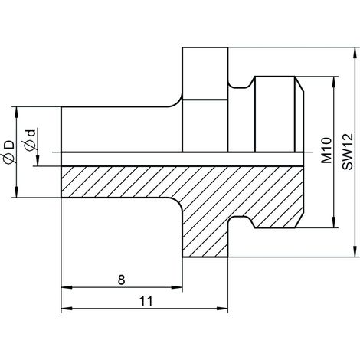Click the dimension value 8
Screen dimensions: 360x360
pos(122,280)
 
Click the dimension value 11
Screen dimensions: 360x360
pos(146,301)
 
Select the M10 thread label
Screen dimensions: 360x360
pos(326,150)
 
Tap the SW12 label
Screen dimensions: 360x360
pos(348,152)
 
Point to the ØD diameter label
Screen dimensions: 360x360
pos(9,152)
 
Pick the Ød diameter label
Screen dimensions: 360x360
pos(29,140)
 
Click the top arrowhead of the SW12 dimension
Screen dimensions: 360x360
pos(355,53)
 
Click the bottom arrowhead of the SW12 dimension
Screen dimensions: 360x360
pos(355,251)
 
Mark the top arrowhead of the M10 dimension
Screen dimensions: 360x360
pos(333,82)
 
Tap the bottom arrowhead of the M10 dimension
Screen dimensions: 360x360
pos(333,222)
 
